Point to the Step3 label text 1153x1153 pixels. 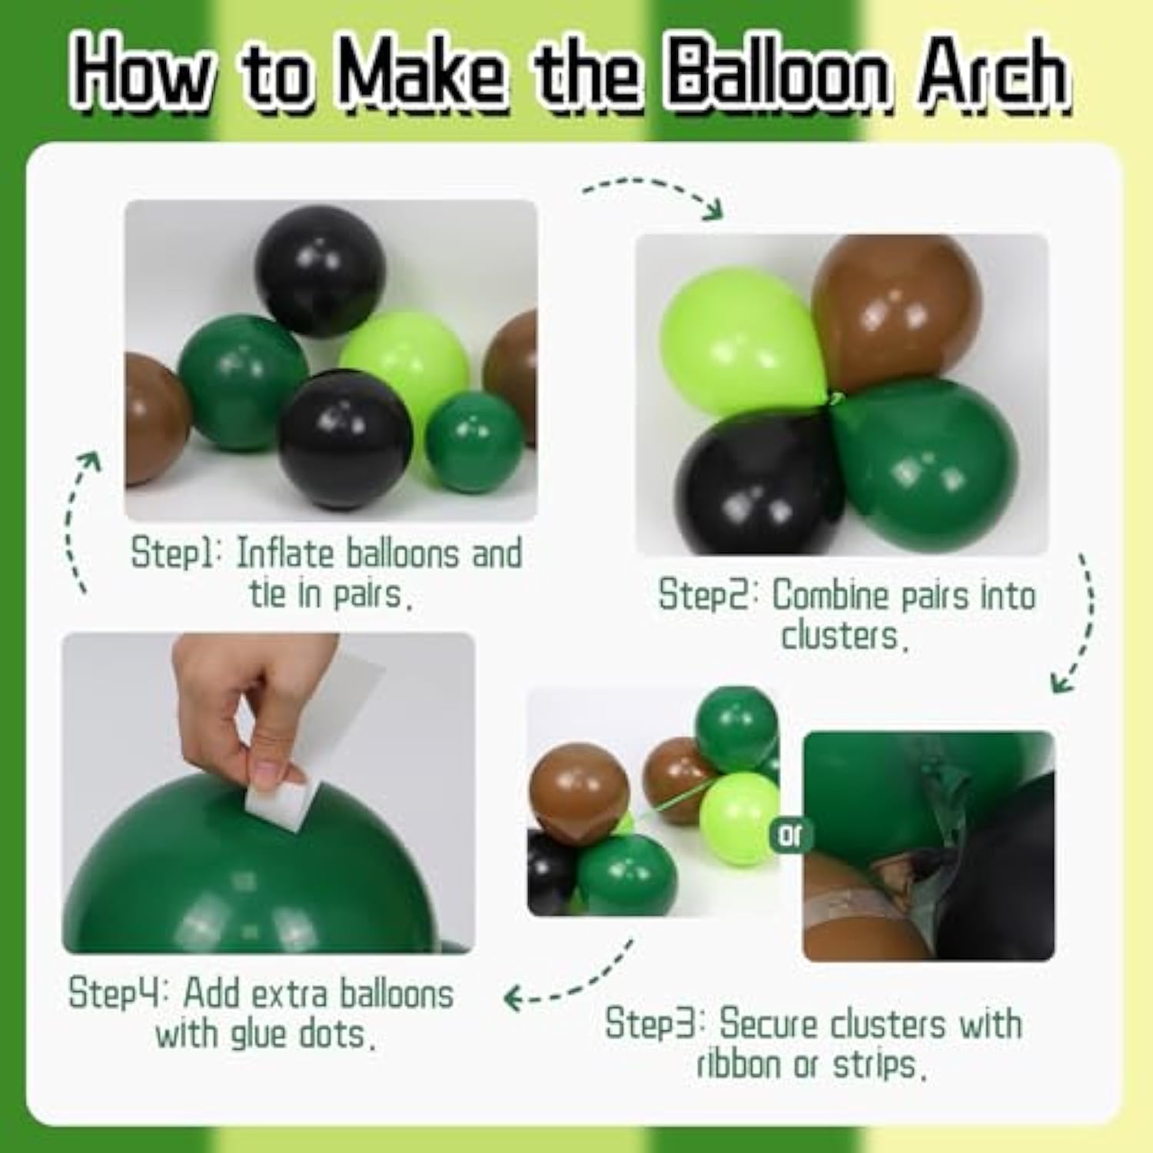point(653,1025)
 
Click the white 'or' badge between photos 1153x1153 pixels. point(789,835)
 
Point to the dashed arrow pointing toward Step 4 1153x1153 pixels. point(569,984)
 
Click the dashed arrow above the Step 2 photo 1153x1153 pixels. point(653,192)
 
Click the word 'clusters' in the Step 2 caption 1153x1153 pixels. point(839,636)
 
